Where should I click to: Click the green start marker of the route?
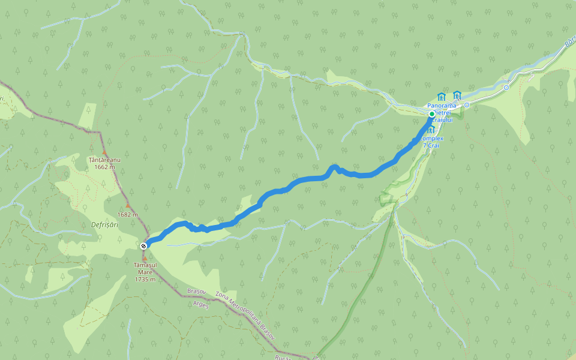[x=431, y=114]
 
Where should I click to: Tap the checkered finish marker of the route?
[x=143, y=246]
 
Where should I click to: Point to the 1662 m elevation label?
[x=104, y=167]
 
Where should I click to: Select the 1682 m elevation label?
[x=128, y=214]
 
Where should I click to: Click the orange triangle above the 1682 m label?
[x=127, y=206]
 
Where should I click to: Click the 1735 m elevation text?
[x=145, y=279]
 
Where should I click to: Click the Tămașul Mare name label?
[x=145, y=268]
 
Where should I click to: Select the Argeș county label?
[x=201, y=304]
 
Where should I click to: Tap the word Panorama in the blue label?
[x=442, y=106]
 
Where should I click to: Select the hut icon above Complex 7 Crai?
[x=431, y=129]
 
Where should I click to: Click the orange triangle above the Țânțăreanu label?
[x=104, y=152]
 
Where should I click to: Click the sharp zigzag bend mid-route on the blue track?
[x=335, y=167]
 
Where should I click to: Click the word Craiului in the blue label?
[x=442, y=120]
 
